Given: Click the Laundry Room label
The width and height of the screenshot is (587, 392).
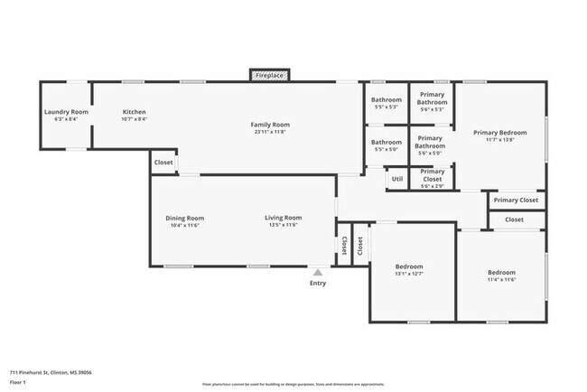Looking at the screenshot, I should click(x=66, y=112).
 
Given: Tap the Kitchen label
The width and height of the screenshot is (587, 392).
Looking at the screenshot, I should click(x=134, y=112).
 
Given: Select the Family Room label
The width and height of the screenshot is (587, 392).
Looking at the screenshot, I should click(x=269, y=124).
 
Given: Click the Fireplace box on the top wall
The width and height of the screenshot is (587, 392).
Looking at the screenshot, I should click(x=269, y=76).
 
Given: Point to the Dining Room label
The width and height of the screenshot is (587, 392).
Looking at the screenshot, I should click(x=184, y=218).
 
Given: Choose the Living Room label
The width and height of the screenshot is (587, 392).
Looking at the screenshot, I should click(x=283, y=218).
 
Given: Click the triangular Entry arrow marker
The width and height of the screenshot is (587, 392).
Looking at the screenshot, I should click(x=317, y=270).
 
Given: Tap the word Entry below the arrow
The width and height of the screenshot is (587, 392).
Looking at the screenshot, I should click(x=318, y=283).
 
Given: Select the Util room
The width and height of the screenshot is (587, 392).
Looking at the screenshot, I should click(x=396, y=179).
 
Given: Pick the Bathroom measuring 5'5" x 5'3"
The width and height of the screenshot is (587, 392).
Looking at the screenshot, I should click(x=387, y=99).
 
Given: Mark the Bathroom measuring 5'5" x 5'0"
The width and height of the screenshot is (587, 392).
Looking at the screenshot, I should click(x=387, y=142).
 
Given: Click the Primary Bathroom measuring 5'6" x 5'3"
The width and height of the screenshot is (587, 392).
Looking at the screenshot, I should click(x=432, y=99).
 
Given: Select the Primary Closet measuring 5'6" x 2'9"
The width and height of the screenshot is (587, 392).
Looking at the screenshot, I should click(x=432, y=174).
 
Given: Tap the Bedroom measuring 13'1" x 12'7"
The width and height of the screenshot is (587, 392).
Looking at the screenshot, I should click(x=409, y=267).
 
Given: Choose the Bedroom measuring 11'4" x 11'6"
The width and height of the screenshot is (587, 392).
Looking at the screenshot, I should click(x=501, y=273).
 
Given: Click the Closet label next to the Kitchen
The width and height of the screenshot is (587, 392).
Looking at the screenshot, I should click(x=163, y=163).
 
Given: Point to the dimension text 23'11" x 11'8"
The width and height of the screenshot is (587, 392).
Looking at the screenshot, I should click(x=269, y=132).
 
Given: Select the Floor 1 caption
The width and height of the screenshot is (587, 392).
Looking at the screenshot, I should click(x=19, y=383).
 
